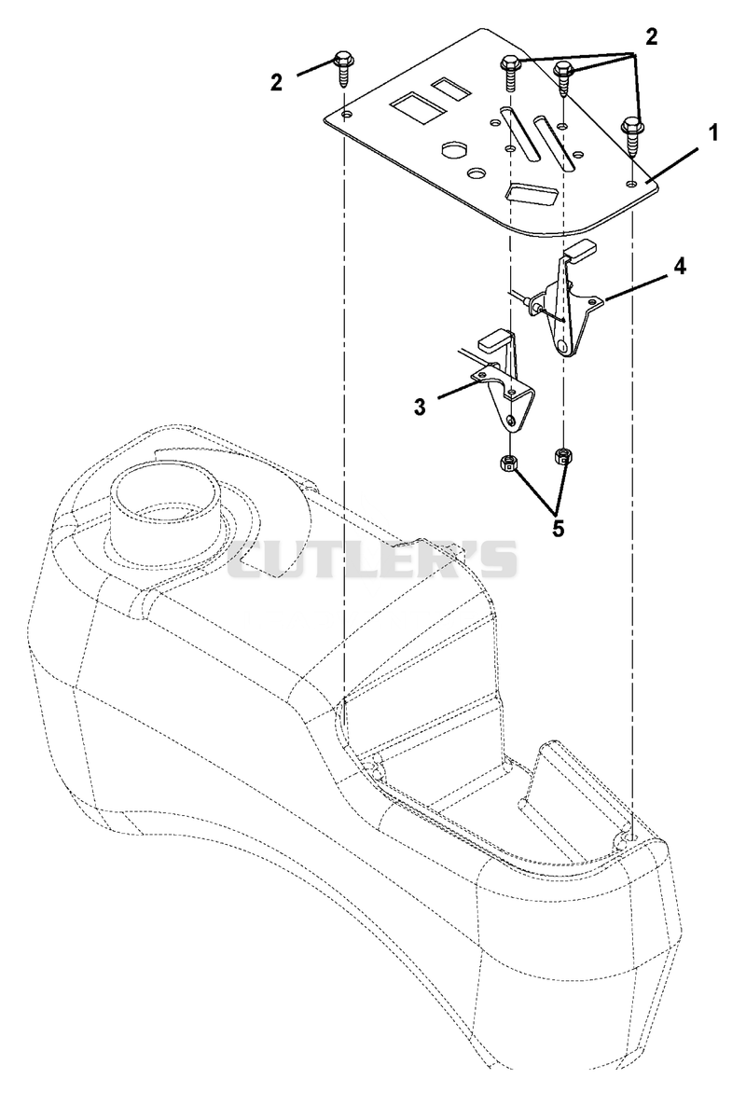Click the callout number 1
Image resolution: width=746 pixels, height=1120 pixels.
[x=712, y=134]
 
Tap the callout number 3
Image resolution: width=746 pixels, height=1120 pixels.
[x=420, y=407]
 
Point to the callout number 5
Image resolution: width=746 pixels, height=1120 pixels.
[x=558, y=528]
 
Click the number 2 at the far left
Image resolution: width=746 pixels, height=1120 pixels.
[x=276, y=82]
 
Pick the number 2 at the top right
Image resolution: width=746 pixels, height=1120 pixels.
[x=651, y=37]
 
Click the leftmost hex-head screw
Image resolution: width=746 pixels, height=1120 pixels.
[x=343, y=69]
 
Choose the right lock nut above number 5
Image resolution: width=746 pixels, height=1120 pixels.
[x=564, y=455]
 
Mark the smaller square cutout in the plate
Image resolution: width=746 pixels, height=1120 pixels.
[x=450, y=88]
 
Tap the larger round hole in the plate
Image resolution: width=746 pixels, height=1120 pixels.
[x=454, y=149]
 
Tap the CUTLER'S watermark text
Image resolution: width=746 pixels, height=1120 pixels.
[x=372, y=559]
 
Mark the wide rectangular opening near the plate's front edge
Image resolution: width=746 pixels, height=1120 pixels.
[x=532, y=193]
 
